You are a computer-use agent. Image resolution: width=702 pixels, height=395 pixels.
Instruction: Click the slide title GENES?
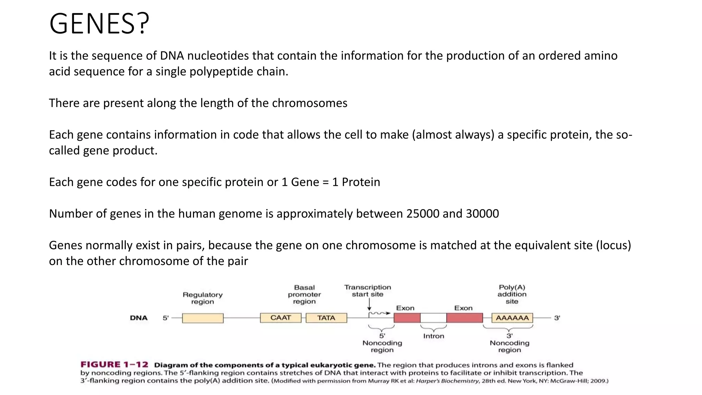[x=99, y=24]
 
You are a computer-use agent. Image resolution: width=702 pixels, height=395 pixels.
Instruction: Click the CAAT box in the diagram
[x=280, y=318]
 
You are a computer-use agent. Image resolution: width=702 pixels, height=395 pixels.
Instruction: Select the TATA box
[x=326, y=318]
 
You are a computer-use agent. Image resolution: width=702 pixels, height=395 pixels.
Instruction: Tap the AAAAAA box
[x=512, y=318]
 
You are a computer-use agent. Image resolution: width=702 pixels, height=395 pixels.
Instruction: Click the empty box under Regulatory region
[x=203, y=318]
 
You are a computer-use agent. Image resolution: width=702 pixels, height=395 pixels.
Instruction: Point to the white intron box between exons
[x=433, y=318]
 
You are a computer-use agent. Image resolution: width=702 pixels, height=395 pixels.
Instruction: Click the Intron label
[x=433, y=336]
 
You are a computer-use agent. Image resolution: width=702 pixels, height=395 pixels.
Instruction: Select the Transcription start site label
[x=367, y=291]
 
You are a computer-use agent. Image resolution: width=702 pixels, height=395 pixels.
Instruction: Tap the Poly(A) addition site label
[x=512, y=294]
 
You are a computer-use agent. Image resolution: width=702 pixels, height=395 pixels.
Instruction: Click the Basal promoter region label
[x=304, y=294]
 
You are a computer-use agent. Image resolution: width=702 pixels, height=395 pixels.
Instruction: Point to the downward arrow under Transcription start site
[x=369, y=304]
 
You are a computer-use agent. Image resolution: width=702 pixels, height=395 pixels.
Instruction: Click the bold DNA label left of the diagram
[x=138, y=318]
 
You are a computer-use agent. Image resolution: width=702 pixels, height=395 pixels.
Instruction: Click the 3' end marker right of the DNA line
[x=557, y=318]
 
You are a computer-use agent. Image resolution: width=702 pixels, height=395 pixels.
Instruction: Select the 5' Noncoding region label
[x=382, y=343]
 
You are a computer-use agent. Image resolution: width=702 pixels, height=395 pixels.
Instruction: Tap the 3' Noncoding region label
[x=509, y=343]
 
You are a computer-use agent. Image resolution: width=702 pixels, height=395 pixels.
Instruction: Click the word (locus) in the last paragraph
[x=613, y=246]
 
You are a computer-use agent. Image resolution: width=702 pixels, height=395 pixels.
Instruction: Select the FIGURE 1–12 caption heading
[x=114, y=364]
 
